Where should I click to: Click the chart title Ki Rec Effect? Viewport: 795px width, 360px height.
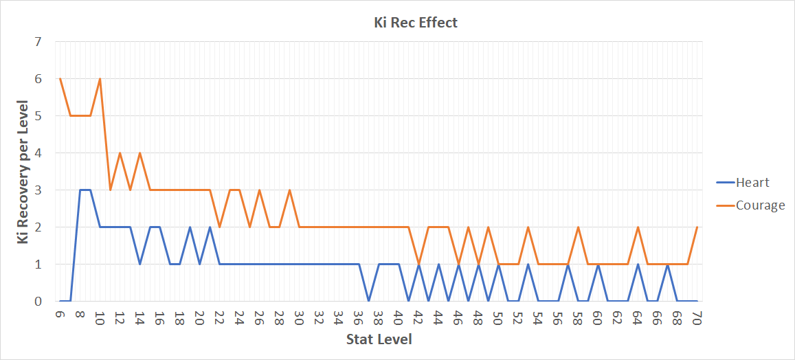[x=411, y=23]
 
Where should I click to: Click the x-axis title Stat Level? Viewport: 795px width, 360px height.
[x=379, y=339]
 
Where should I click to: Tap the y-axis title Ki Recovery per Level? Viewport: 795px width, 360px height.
[x=23, y=171]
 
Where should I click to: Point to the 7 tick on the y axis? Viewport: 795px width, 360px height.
[x=38, y=42]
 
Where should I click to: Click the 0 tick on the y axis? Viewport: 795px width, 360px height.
[x=38, y=301]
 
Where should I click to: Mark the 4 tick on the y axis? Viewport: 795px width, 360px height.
[x=38, y=153]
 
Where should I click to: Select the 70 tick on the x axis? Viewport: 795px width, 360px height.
[x=697, y=317]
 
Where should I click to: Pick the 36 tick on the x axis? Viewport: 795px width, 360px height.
[x=359, y=317]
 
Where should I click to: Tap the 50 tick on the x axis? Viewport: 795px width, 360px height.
[x=498, y=317]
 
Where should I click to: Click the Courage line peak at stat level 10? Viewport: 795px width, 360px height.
[x=100, y=79]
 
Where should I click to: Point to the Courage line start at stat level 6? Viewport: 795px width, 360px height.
[x=60, y=79]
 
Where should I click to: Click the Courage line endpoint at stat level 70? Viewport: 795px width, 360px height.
[x=697, y=227]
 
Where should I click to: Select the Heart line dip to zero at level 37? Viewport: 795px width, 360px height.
[x=369, y=301]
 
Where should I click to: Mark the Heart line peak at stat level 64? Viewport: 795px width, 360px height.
[x=638, y=264]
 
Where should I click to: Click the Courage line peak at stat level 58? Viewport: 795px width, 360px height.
[x=578, y=227]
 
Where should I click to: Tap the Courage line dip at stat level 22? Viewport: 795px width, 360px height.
[x=219, y=227]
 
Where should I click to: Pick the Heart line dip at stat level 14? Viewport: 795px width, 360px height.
[x=140, y=264]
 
